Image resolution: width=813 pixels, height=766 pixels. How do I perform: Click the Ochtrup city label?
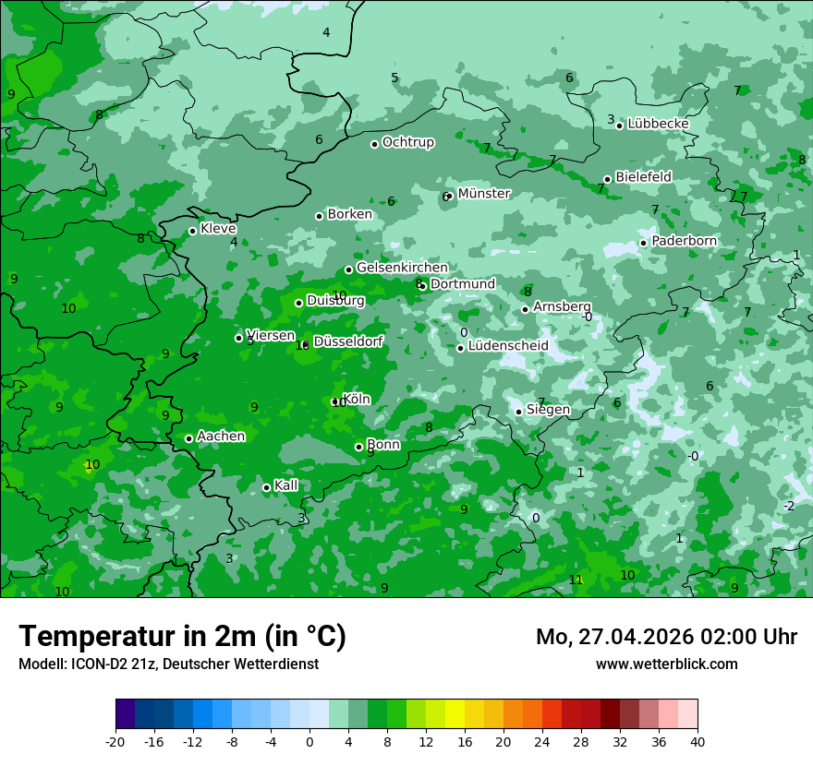tap(407, 142)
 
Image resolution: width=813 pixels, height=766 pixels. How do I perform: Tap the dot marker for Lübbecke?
tap(619, 125)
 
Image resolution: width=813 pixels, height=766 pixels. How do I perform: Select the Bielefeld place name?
tap(643, 176)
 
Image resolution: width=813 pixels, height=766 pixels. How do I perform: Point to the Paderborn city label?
tap(684, 241)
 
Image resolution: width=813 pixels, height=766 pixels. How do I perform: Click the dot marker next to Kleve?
tap(192, 231)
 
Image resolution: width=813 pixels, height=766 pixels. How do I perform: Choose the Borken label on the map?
tap(349, 214)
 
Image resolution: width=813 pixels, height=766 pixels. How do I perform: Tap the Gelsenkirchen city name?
tap(402, 268)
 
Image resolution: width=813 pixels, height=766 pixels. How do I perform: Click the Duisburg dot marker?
tap(298, 303)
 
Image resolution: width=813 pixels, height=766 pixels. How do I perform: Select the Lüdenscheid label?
tap(508, 346)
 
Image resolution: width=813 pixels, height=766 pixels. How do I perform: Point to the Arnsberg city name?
tap(562, 306)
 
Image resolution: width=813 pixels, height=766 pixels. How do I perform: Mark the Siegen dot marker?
tap(518, 412)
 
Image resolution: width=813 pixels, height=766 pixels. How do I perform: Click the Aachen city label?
tap(221, 436)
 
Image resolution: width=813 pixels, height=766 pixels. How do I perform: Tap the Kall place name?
tap(286, 485)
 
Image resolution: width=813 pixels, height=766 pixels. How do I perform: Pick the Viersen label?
tap(271, 335)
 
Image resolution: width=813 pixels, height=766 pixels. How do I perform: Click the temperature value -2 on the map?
tap(789, 506)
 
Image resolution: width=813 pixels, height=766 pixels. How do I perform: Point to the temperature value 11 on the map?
tap(576, 580)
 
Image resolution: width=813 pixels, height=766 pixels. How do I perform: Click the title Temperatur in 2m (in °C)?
tap(182, 637)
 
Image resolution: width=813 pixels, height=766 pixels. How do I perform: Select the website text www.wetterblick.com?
tap(666, 664)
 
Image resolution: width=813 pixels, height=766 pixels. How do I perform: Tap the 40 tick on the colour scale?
tap(698, 741)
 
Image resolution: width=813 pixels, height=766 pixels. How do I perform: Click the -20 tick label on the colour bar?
tap(115, 741)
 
